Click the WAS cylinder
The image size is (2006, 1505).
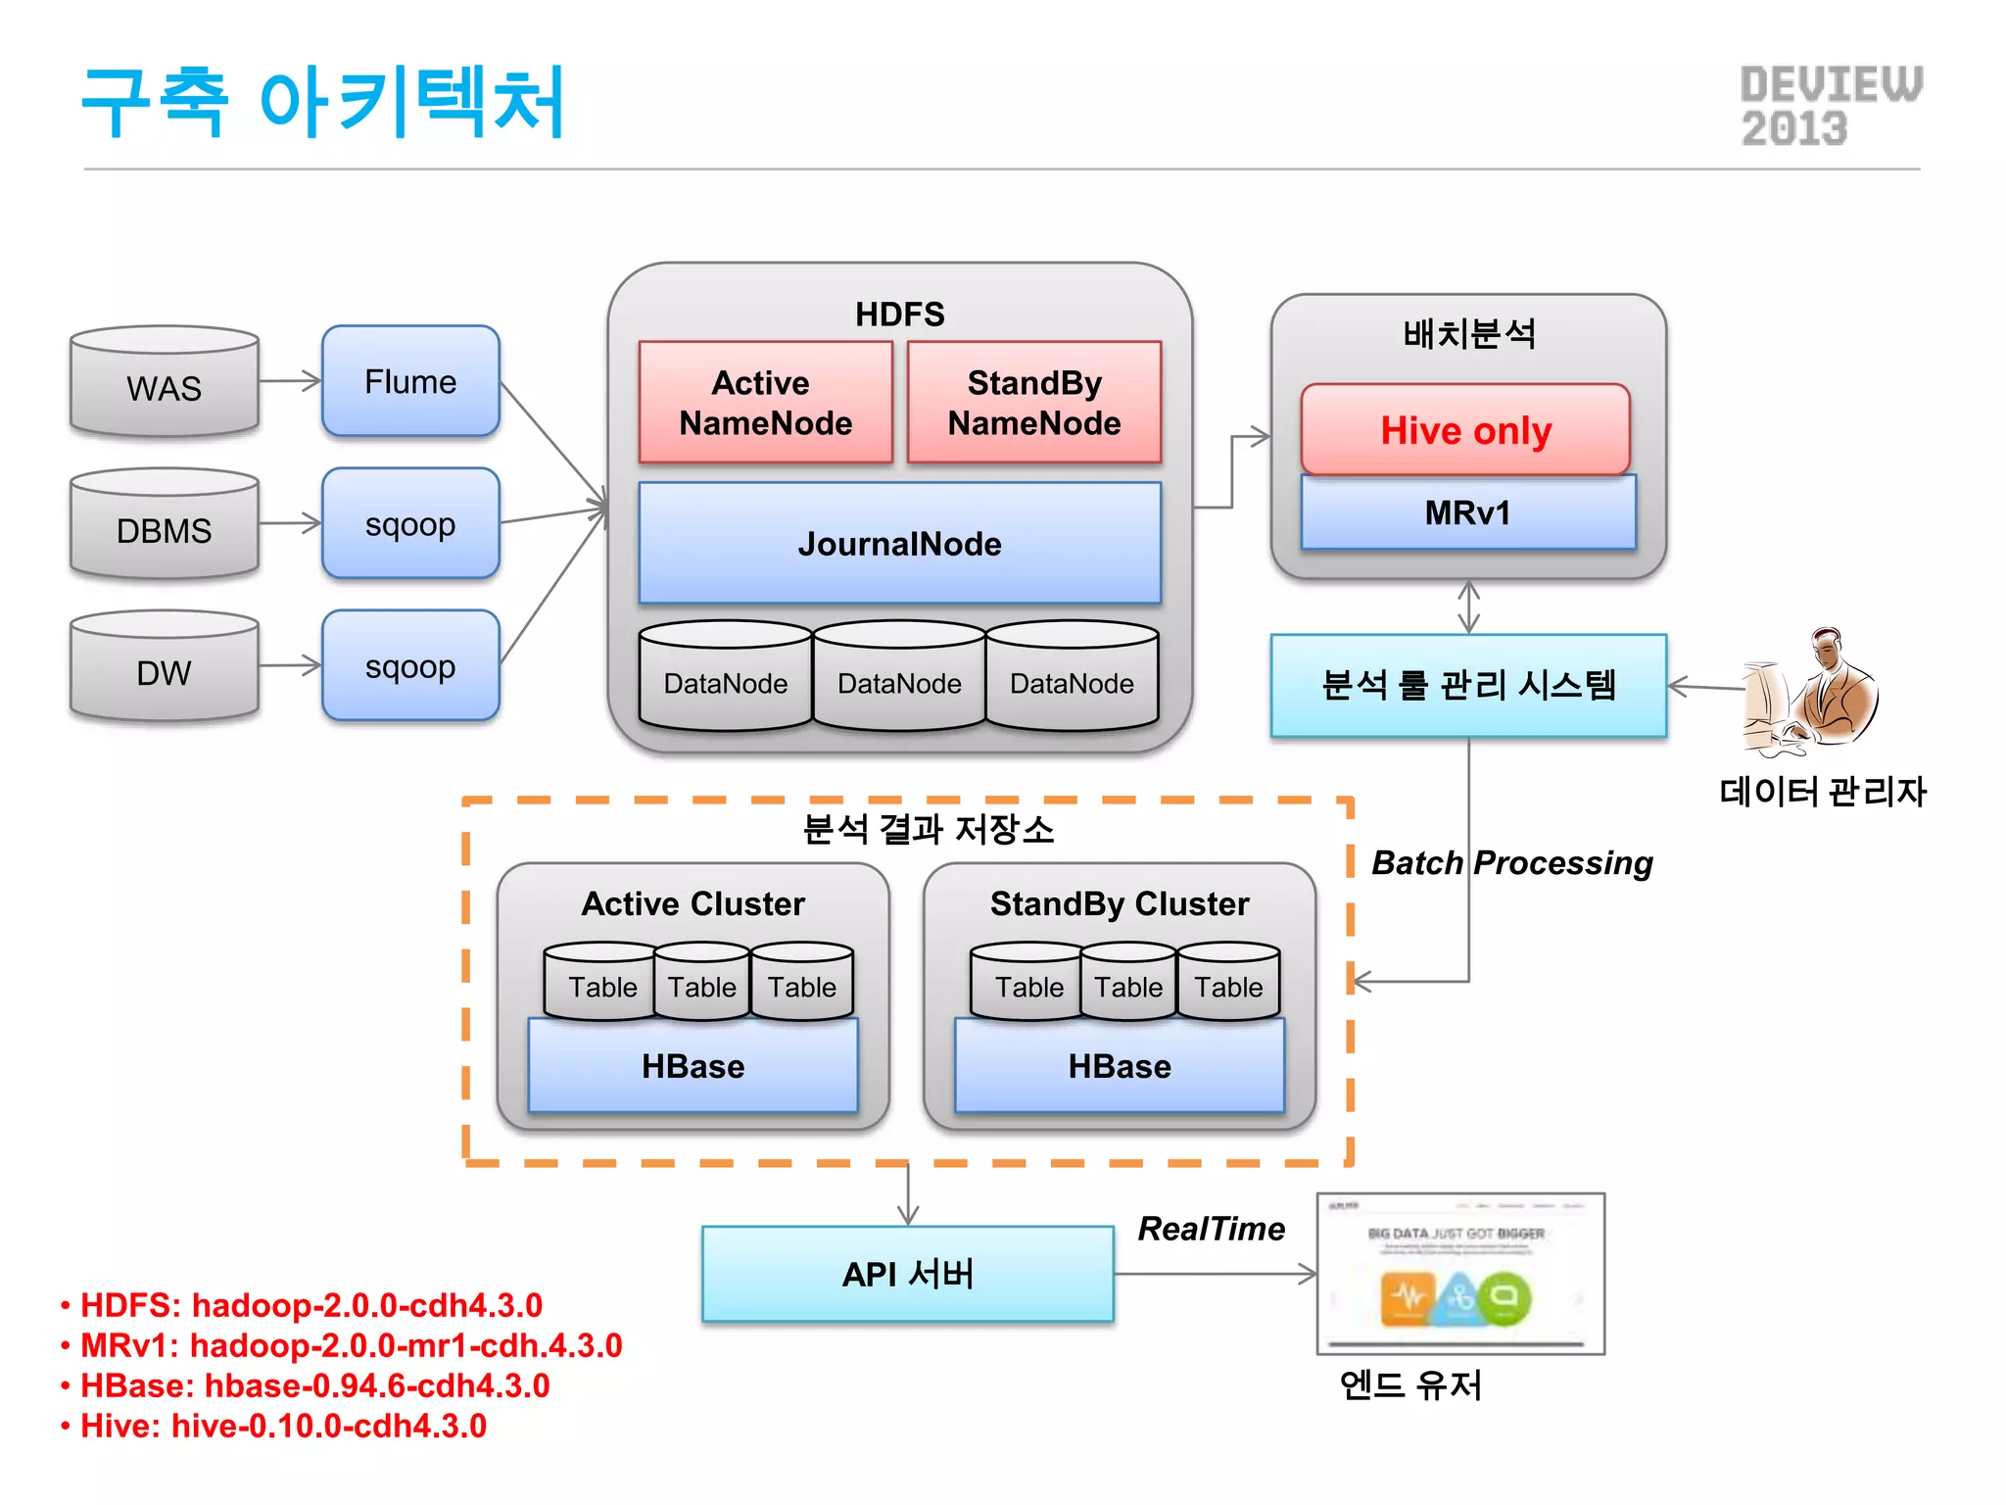pos(165,384)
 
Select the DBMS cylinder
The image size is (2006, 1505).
pos(165,526)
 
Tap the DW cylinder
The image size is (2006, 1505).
pos(165,668)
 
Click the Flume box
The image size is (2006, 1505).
pos(410,381)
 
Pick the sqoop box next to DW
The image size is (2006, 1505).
pos(410,666)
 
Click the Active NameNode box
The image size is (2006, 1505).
pos(765,403)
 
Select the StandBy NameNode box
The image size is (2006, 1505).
pos(1034,403)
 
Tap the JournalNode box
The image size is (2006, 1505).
pos(899,544)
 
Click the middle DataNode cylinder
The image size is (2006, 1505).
pos(899,678)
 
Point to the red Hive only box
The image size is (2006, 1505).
pos(1465,430)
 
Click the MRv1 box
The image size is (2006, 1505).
pos(1467,512)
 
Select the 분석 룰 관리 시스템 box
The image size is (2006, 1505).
pos(1467,685)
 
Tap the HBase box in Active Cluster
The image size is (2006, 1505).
pos(693,1066)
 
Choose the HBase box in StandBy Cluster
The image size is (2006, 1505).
pos(1120,1066)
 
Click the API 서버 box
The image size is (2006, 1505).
pos(908,1274)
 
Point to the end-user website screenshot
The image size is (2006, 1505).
pos(1459,1274)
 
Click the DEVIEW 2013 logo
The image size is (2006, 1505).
pos(1830,106)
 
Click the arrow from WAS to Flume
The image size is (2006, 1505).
pos(290,381)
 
